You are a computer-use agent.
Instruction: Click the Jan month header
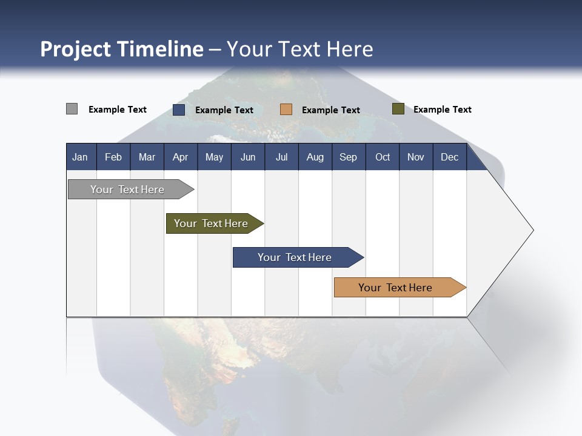point(80,157)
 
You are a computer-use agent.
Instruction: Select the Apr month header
point(180,157)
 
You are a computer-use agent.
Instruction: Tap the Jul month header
point(281,157)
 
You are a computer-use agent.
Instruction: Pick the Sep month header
point(348,157)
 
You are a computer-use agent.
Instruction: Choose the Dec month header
point(449,157)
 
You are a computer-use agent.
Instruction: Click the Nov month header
point(415,157)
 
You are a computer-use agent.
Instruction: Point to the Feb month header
point(113,157)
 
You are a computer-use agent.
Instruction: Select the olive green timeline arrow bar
point(212,223)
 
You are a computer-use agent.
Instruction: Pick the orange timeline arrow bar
point(397,288)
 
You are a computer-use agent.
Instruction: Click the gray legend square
point(72,109)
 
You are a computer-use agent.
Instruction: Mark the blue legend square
point(178,110)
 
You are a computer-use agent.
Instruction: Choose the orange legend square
point(286,110)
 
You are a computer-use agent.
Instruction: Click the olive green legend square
point(398,109)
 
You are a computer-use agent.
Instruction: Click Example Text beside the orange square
point(330,110)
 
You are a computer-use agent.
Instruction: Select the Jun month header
point(248,157)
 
